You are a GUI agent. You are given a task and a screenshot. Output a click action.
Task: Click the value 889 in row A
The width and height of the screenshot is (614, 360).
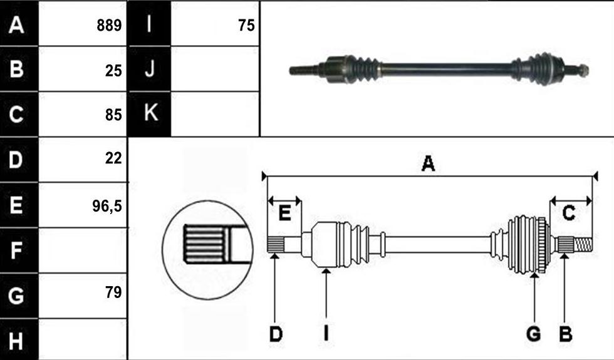point(109,26)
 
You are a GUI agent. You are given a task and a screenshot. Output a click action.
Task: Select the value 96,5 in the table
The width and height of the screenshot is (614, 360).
point(107,206)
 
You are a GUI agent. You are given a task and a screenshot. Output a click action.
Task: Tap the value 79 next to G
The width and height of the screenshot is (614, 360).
point(113,292)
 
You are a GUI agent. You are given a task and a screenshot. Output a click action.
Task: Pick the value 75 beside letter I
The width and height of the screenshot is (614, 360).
point(246,26)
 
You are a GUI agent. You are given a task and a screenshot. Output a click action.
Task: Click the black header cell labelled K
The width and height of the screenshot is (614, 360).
point(150,114)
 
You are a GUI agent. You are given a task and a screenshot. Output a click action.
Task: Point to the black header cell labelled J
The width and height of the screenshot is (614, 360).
point(150,69)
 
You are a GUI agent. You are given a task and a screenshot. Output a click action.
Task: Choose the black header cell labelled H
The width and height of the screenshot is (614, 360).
point(19,339)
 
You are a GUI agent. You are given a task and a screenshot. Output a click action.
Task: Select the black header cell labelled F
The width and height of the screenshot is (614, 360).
point(19,250)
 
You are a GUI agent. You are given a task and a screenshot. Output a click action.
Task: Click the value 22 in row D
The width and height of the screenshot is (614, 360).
point(113,158)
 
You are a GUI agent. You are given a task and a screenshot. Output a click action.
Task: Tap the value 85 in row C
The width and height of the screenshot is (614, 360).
point(113,115)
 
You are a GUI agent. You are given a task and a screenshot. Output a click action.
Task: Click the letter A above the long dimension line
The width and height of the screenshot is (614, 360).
point(428,163)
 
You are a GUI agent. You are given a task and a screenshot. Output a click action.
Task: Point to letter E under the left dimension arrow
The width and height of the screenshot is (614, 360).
point(284,213)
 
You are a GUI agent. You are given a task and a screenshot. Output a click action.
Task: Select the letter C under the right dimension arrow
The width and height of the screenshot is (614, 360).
point(568,213)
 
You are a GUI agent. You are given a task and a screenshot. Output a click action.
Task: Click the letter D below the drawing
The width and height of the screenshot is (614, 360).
point(276,334)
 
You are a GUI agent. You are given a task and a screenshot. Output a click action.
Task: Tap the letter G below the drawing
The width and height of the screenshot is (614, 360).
point(534,334)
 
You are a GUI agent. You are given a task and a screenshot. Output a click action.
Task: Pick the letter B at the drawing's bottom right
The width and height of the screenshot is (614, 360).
point(565,334)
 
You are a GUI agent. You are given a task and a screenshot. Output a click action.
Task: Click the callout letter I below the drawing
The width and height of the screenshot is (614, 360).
point(326,334)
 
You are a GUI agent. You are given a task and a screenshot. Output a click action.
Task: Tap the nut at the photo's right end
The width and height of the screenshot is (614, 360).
point(583,70)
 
